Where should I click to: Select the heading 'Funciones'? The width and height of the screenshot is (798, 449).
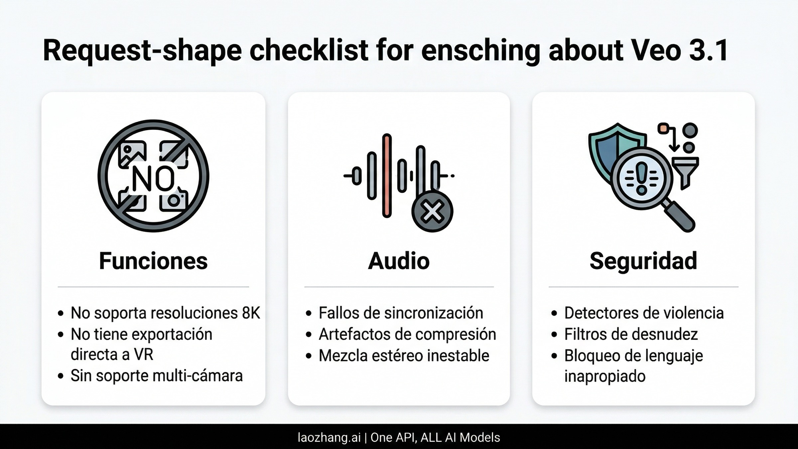point(153,261)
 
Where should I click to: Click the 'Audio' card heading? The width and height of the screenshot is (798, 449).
point(399,261)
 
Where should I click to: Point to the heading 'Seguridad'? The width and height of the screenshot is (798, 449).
point(643,261)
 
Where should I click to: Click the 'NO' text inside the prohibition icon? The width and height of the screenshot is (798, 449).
point(153,178)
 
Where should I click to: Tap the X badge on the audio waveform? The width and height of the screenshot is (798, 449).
point(432,212)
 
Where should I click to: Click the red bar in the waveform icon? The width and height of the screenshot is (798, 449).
point(386,176)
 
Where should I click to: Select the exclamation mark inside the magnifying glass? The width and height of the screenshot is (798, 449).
point(642,178)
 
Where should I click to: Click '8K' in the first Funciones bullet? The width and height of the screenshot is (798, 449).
point(251,313)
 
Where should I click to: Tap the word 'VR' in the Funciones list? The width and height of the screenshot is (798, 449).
point(144,355)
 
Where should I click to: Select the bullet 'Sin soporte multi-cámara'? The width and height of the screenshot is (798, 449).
point(157,376)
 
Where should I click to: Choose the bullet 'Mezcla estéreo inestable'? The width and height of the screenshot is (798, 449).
point(404,356)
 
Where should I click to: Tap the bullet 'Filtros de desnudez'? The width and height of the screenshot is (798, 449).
point(631,334)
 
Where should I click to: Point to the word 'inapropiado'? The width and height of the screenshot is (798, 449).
point(605,376)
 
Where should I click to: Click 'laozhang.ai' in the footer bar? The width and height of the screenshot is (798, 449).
point(329,437)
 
